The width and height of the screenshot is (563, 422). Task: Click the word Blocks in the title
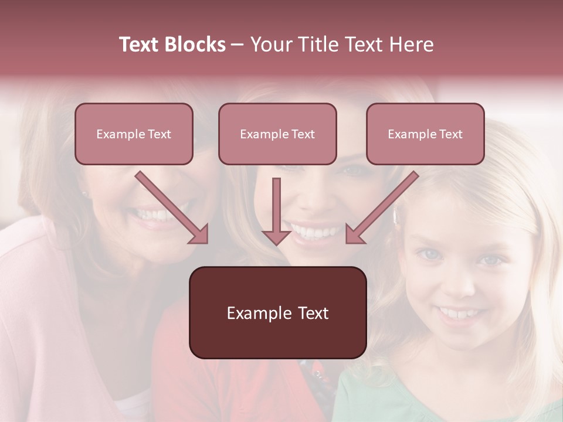[x=195, y=45]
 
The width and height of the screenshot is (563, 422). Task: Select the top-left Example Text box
[x=134, y=134]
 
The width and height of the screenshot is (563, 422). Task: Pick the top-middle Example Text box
[x=277, y=134]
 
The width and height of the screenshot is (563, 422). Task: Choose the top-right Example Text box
[x=425, y=134]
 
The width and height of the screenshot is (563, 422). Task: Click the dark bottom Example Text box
[x=277, y=312]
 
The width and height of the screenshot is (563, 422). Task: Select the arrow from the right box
[x=381, y=208]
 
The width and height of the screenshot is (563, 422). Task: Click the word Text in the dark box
[x=311, y=313]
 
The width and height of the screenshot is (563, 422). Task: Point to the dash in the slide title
[x=238, y=45]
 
